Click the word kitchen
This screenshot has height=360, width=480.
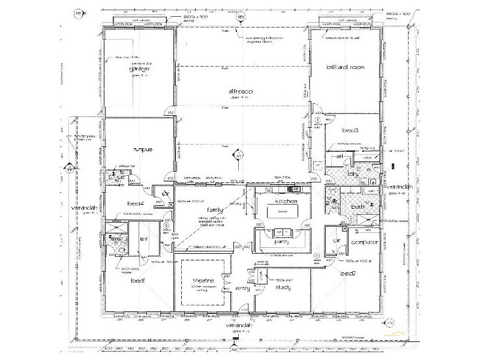click(284, 202)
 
